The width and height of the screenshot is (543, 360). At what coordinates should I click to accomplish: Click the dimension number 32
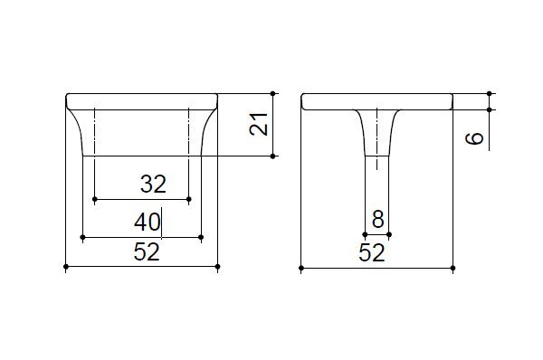pos(154,184)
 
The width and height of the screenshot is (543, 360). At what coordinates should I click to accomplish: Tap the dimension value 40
pos(148,222)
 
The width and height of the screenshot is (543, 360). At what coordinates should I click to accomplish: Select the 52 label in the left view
pos(147,251)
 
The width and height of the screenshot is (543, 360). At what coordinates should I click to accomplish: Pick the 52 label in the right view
pos(372,252)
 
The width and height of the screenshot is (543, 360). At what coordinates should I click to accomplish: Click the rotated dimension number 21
pos(259,124)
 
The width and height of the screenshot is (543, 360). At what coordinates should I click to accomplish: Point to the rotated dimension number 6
pos(474,138)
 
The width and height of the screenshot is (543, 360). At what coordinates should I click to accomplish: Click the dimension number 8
pos(377,220)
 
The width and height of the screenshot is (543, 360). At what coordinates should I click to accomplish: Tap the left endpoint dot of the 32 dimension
pos(94,199)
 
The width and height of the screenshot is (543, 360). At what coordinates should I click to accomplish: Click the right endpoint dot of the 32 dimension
pos(189,199)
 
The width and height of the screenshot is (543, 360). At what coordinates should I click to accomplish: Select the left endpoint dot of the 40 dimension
pos(82,237)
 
